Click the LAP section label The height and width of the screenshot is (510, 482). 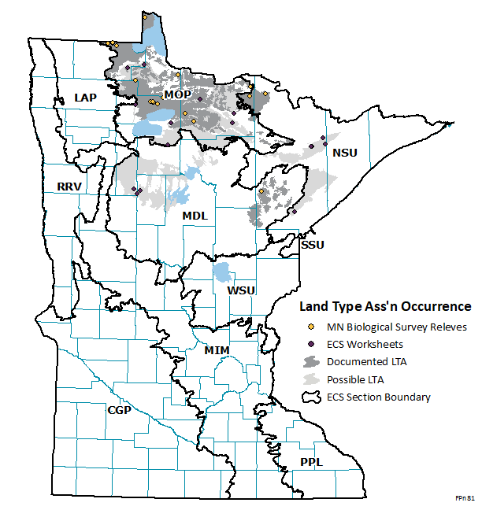pyautogui.click(x=85, y=97)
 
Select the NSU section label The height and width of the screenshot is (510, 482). pyautogui.click(x=345, y=153)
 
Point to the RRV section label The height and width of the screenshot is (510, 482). pyautogui.click(x=69, y=187)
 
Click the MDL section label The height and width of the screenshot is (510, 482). pyautogui.click(x=195, y=216)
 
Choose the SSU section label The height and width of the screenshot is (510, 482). pyautogui.click(x=313, y=245)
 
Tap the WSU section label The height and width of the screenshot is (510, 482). pyautogui.click(x=241, y=290)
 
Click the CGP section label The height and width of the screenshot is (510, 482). pyautogui.click(x=120, y=409)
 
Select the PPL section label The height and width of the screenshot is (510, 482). pyautogui.click(x=312, y=462)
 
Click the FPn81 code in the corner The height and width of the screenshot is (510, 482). pyautogui.click(x=465, y=499)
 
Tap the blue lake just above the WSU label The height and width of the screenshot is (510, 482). pyautogui.click(x=223, y=273)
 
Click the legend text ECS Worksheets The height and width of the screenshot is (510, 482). pyautogui.click(x=365, y=344)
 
